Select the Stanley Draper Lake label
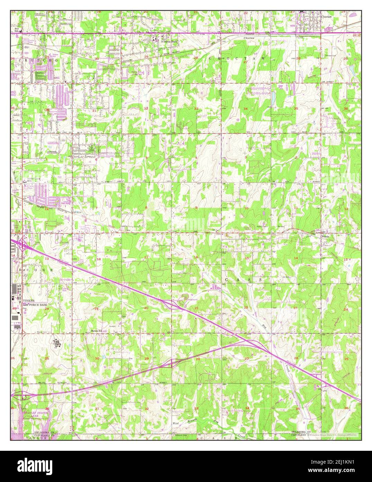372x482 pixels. (x=34, y=414)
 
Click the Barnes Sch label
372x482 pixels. (x=97, y=330)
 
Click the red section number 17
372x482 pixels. (x=146, y=257)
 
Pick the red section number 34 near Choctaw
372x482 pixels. (x=245, y=109)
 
